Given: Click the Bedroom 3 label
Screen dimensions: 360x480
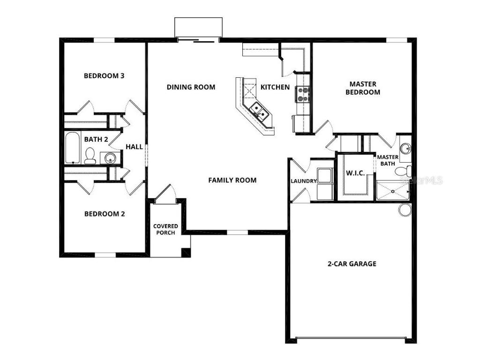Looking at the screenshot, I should point(104,75).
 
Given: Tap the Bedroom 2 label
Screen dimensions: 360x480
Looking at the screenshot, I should point(105,214).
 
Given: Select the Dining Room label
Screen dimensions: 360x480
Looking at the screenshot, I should point(191,87).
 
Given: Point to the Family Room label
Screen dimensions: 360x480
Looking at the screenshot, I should point(232,180).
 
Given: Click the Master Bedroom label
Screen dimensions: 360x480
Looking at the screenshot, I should point(362,88).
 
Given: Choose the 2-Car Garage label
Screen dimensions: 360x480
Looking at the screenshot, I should point(352,263).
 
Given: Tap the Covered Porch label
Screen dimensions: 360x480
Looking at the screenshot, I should point(165,229).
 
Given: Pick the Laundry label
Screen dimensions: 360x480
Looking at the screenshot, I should point(303,181).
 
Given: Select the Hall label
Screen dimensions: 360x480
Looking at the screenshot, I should point(134,147).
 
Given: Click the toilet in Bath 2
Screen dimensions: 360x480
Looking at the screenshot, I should point(90,156).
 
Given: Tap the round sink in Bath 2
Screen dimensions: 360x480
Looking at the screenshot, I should point(110,158).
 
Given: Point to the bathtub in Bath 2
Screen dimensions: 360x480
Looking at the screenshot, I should point(73,147).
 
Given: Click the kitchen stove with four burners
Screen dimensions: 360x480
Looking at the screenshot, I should point(302,95).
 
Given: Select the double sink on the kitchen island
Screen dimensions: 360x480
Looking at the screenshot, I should point(259,111).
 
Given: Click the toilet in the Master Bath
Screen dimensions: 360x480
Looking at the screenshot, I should point(404,171).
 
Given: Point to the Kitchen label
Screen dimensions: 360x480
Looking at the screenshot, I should point(275,87).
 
